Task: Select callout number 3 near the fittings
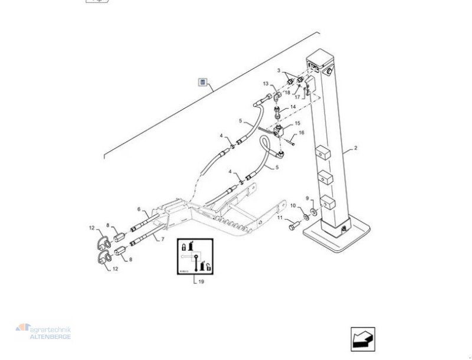(280, 71)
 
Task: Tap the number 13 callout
(265, 84)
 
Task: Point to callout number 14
(293, 107)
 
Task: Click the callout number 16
(301, 133)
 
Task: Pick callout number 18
(287, 93)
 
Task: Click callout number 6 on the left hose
(139, 209)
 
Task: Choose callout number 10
(293, 205)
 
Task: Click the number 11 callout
(280, 219)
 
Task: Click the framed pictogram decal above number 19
(195, 258)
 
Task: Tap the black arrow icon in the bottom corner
(362, 339)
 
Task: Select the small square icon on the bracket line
(202, 81)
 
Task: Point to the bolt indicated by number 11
(292, 226)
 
